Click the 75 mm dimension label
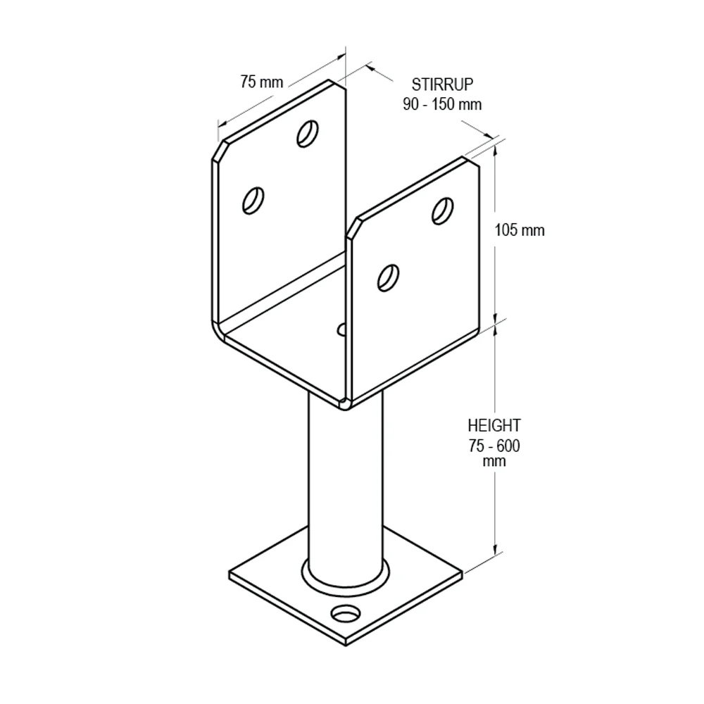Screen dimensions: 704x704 tap(262, 82)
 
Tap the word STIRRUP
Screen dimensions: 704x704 tap(442, 84)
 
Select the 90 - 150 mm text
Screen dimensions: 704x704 tap(442, 104)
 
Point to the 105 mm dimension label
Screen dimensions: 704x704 tap(520, 230)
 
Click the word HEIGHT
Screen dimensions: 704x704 tap(494, 425)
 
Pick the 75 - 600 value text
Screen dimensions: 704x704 tap(494, 446)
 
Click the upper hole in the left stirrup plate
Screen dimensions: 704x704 tap(308, 133)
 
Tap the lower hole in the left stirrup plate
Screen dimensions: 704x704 tap(253, 201)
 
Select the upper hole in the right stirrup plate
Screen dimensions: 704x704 tap(442, 210)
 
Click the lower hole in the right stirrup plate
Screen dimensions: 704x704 tap(389, 278)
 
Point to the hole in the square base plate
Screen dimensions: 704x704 tap(346, 612)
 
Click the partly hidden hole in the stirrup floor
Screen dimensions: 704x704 tap(341, 329)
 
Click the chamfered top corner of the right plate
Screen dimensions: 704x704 tap(353, 228)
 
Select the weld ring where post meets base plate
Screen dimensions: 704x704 tap(346, 584)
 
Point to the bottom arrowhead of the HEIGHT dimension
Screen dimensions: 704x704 tap(495, 548)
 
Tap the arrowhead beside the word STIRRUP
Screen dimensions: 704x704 tap(371, 68)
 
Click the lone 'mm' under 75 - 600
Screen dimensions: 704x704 tap(494, 462)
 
